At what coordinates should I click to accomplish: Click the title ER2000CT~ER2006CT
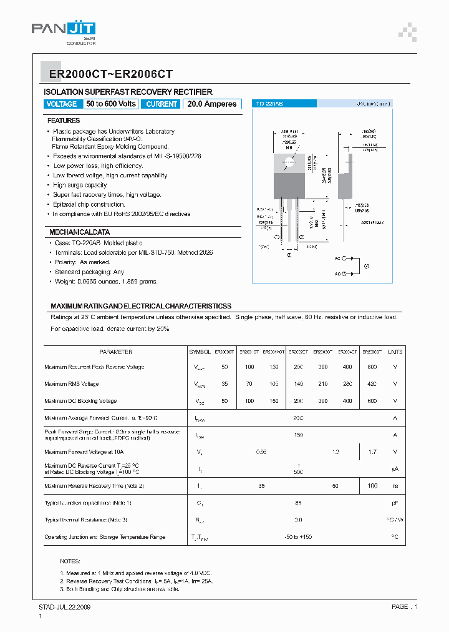[x=107, y=74]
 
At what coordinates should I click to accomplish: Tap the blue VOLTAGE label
[x=62, y=104]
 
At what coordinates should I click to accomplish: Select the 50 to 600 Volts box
[x=111, y=104]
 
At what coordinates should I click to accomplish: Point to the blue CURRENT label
[x=162, y=104]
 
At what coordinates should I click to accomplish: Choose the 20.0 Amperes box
[x=212, y=104]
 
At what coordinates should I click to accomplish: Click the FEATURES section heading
[x=64, y=120]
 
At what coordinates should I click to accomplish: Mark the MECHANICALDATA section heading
[x=79, y=232]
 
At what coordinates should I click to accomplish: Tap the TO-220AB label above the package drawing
[x=269, y=104]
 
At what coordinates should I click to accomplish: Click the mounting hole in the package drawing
[x=290, y=164]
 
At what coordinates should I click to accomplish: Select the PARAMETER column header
[x=115, y=352]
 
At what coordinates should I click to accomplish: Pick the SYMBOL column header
[x=200, y=352]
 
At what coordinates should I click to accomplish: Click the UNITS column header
[x=395, y=352]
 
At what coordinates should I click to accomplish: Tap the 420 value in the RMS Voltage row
[x=372, y=384]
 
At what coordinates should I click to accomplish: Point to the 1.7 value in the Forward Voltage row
[x=372, y=451]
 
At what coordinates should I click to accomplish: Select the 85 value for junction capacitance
[x=298, y=502]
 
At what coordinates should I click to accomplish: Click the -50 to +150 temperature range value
[x=298, y=536]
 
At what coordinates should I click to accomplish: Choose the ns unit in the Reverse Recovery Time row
[x=395, y=485]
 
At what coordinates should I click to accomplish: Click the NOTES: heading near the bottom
[x=70, y=561]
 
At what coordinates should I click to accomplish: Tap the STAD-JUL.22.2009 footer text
[x=65, y=606]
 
